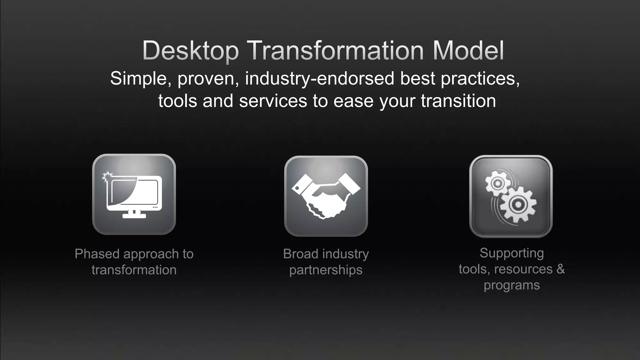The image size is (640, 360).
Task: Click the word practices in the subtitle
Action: [x=480, y=78]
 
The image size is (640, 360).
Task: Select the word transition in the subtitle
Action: [x=458, y=101]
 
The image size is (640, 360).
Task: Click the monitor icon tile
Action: [x=134, y=194]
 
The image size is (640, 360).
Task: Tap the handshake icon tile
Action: [x=326, y=196]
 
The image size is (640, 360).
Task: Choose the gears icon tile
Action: [x=511, y=196]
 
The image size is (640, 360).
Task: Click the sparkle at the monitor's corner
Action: [x=107, y=177]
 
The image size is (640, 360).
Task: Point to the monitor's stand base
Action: [x=134, y=216]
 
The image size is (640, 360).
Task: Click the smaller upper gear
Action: [x=497, y=183]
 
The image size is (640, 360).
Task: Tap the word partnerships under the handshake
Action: [x=326, y=270]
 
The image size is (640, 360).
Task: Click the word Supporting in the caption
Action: [x=512, y=253]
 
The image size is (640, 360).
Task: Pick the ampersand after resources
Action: [x=561, y=269]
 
